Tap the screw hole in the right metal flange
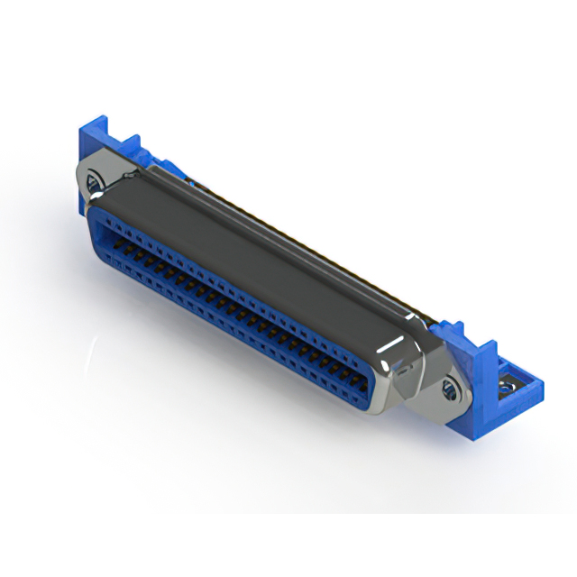[x=451, y=389]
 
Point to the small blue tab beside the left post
[x=132, y=144]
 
